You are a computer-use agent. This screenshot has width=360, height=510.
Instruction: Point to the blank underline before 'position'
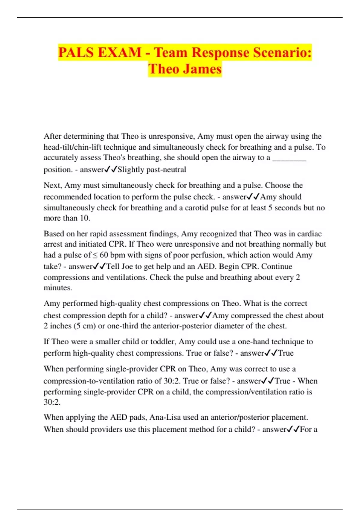pyautogui.click(x=289, y=158)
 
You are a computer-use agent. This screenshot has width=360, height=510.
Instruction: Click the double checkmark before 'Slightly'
pyautogui.click(x=110, y=169)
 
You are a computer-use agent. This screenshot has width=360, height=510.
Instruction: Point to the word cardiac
pyautogui.click(x=309, y=234)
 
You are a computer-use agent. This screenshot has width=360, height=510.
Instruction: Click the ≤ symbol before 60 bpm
pyautogui.click(x=95, y=255)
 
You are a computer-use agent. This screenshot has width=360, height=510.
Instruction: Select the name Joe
pyautogui.click(x=127, y=266)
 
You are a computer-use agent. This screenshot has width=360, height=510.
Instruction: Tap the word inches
pyautogui.click(x=60, y=326)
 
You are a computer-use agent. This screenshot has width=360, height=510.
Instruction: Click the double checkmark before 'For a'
pyautogui.click(x=293, y=429)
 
